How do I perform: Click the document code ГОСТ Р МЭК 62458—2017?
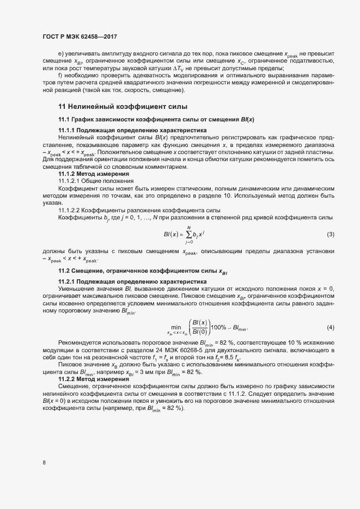pos(80,36)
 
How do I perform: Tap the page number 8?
pos(44,463)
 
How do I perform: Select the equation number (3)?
pos(330,234)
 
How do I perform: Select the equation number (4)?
pos(330,328)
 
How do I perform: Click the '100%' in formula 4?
pos(219,328)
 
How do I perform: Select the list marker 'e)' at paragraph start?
pos(61,54)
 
